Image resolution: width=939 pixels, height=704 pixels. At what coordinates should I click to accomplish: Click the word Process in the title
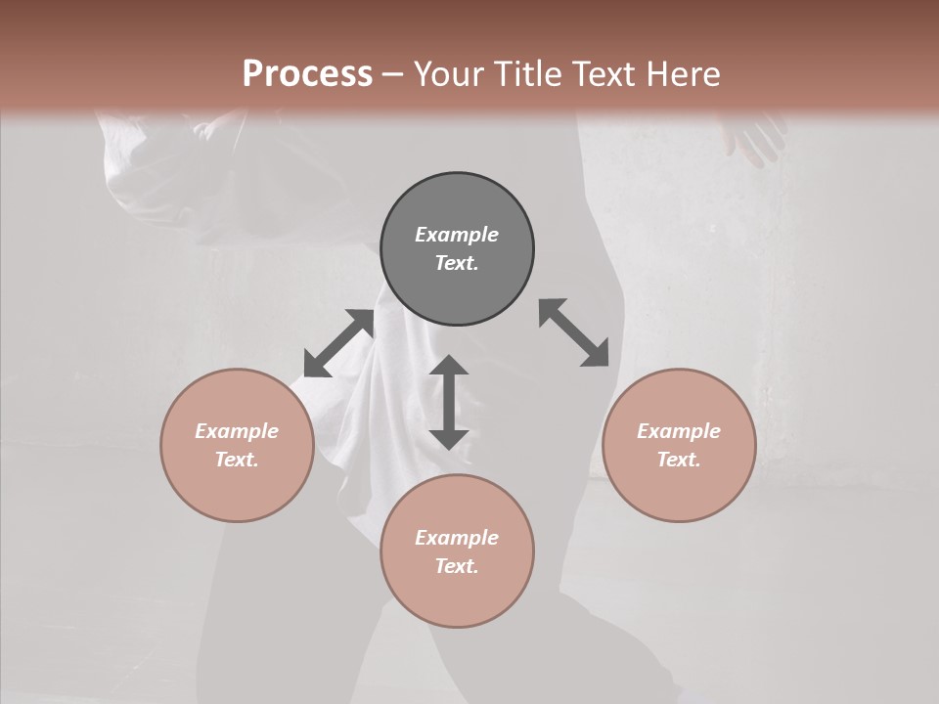point(307,73)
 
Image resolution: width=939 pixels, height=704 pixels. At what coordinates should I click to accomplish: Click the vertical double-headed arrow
point(449,402)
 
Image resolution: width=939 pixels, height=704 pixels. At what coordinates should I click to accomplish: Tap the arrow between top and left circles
point(338,343)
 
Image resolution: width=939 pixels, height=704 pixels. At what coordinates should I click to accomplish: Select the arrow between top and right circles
point(574,332)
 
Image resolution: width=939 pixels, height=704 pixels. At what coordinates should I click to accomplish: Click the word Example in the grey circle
point(457,235)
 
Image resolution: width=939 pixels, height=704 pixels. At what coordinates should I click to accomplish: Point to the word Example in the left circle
point(237,431)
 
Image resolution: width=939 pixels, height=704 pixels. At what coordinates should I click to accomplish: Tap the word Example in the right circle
point(679,431)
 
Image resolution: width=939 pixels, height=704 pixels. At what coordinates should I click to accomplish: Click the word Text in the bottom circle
point(457,566)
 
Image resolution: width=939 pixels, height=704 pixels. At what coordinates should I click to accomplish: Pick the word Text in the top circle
point(457,263)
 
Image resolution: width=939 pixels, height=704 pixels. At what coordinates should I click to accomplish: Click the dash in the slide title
point(392,74)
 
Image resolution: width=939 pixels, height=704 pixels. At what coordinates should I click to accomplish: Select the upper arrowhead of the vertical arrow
point(449,367)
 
